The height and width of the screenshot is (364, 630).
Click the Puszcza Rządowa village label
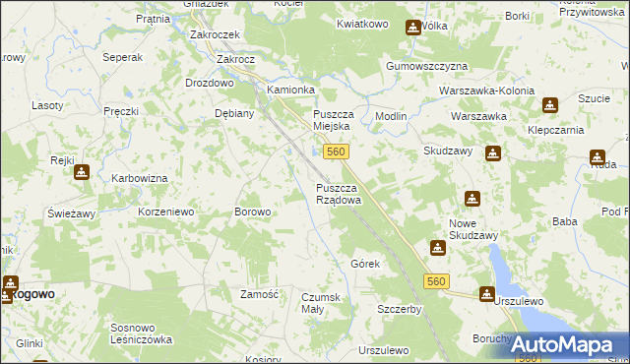pyautogui.click(x=338, y=193)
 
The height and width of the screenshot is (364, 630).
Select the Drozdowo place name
pyautogui.click(x=210, y=83)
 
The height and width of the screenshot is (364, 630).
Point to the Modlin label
pyautogui.click(x=391, y=115)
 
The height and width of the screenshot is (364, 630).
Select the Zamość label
pyautogui.click(x=262, y=294)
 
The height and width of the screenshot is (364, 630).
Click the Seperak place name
pyautogui.click(x=122, y=58)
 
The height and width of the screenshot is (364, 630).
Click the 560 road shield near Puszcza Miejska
pyautogui.click(x=336, y=152)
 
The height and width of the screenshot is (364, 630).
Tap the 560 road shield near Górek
pyautogui.click(x=438, y=282)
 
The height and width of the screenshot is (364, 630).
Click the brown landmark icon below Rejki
pyautogui.click(x=81, y=172)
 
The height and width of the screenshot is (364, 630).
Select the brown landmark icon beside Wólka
pyautogui.click(x=411, y=29)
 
